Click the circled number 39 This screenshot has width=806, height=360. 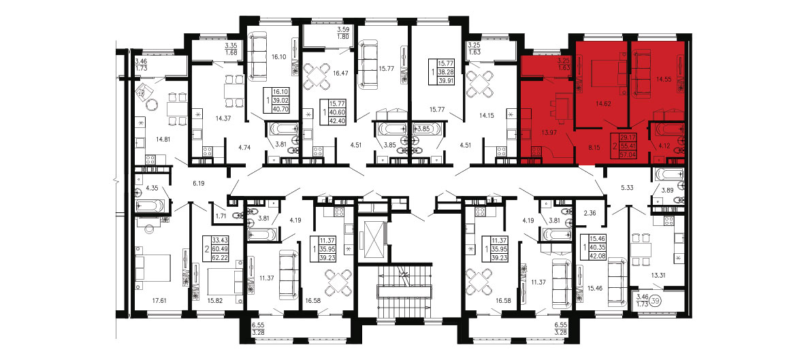655,300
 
